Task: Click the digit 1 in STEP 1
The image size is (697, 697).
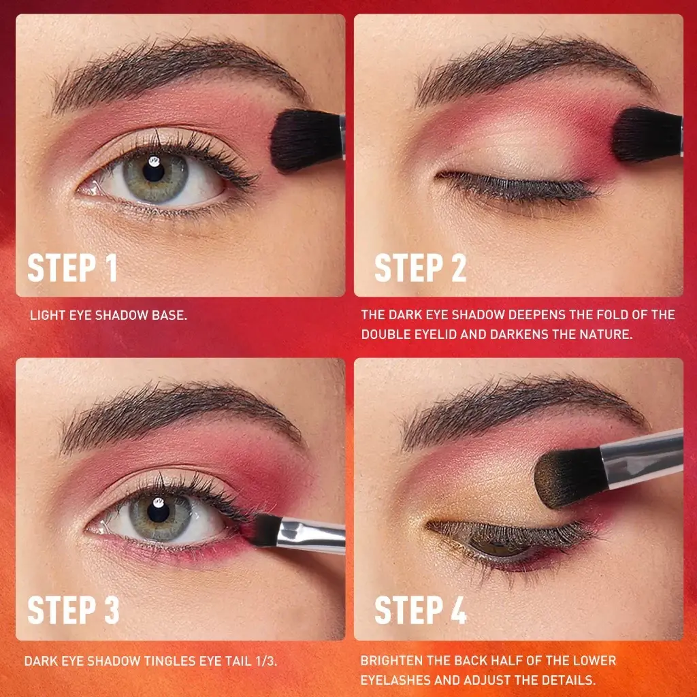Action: pos(111,268)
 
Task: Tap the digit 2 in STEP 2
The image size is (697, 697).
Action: pos(459,268)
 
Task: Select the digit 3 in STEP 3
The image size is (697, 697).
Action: pos(112,609)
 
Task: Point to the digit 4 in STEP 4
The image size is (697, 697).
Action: pos(459,609)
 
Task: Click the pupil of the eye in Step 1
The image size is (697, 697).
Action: pos(153,171)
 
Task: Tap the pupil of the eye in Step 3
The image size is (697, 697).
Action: pos(158,511)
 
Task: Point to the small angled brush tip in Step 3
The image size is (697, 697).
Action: pos(266,530)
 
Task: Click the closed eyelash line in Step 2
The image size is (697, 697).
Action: pos(516,186)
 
